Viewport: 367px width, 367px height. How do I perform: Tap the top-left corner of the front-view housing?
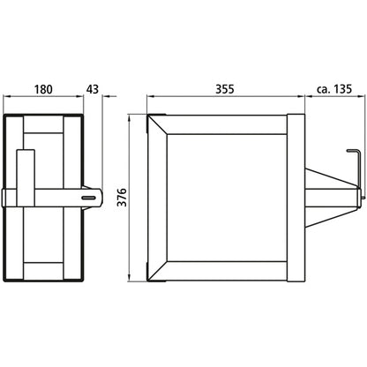click(x=147, y=114)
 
